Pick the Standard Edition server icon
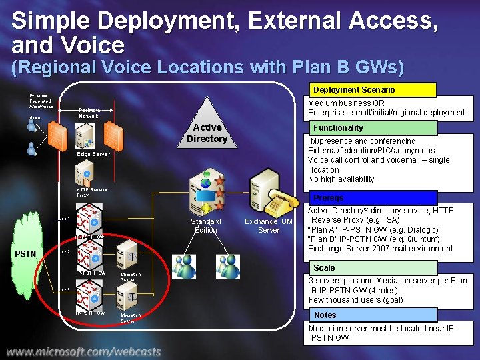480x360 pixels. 204,190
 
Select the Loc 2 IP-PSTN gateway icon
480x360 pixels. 90,257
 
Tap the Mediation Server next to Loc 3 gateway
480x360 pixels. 129,295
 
